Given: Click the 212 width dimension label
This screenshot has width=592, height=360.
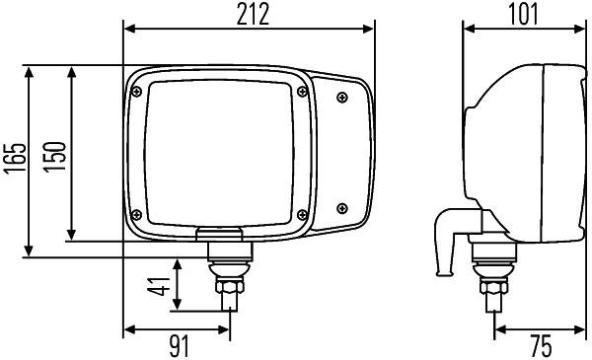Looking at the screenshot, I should [x=250, y=13].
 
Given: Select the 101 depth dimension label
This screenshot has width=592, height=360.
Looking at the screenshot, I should [x=523, y=13].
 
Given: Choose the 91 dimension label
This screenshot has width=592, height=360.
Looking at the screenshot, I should [x=178, y=346].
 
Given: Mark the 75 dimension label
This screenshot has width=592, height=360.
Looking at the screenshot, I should [x=541, y=346].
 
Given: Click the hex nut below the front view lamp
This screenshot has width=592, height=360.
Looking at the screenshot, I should [x=228, y=289].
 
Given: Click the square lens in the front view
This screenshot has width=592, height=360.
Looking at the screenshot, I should [x=219, y=151].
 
